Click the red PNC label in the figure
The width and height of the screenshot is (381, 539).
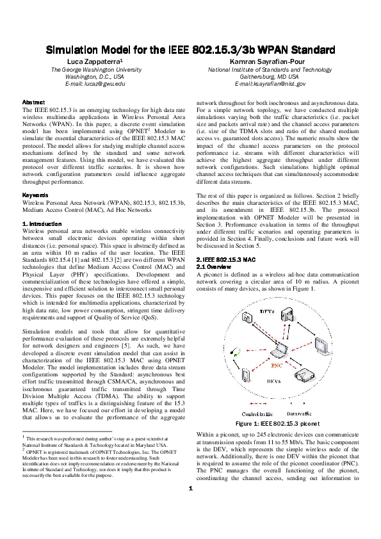pyautogui.click(x=277, y=365)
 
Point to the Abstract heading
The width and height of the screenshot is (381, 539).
pyautogui.click(x=33, y=102)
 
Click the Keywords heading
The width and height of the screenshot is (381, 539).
pyautogui.click(x=35, y=195)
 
